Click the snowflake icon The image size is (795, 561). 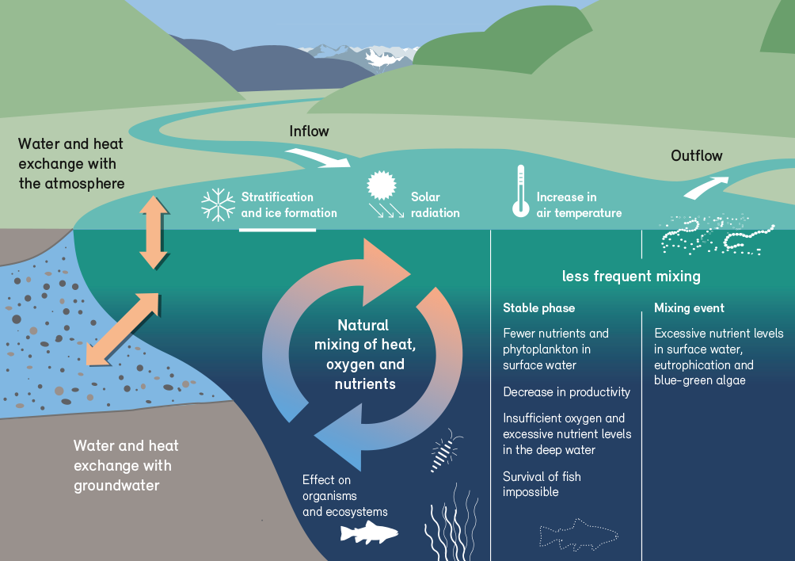[x=218, y=205]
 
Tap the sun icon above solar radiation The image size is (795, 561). [x=382, y=185]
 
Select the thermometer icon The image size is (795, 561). [x=521, y=191]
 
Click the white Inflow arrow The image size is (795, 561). [x=318, y=157]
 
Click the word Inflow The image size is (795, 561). [x=309, y=132]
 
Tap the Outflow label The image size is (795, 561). [x=696, y=156]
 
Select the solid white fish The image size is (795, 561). [x=369, y=532]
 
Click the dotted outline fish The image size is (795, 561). [x=579, y=535]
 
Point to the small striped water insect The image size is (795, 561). [x=445, y=451]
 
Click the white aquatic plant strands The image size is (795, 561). [x=451, y=522]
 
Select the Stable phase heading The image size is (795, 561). [x=538, y=308]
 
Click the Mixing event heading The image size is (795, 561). [x=689, y=308]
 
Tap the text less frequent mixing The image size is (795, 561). [x=631, y=277]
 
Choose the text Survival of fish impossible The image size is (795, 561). [x=542, y=484]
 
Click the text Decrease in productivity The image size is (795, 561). [x=566, y=392]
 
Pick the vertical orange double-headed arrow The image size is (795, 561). [x=154, y=232]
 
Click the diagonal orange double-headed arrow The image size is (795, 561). [x=123, y=329]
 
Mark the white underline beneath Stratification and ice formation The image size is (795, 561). [x=277, y=230]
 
